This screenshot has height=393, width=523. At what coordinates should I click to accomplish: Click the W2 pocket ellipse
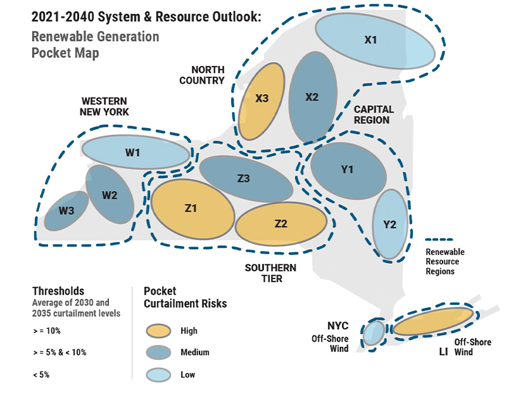pos(110,195)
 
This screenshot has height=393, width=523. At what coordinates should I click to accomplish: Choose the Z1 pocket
pos(192,208)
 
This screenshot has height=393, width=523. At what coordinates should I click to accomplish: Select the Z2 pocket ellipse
pos(282,224)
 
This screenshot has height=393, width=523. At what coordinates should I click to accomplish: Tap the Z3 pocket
pos(245,179)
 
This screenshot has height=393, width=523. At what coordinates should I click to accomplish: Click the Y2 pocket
pos(389,224)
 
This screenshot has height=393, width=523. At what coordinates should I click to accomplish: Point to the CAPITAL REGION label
pos(373,115)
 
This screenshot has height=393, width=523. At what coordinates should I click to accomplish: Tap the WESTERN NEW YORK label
pos(104,106)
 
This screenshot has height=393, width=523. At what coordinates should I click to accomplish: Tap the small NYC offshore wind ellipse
pos(373,332)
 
